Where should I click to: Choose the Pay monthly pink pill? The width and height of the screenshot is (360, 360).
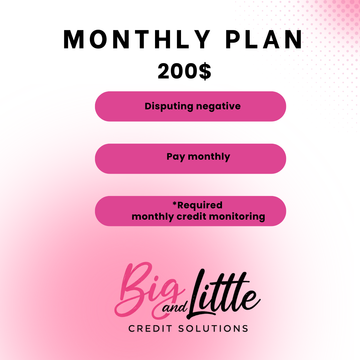(x=190, y=157)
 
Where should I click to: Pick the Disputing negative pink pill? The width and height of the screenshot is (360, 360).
(x=190, y=105)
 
